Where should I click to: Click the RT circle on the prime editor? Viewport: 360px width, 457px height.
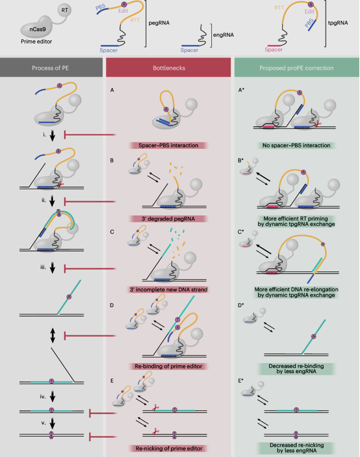tap(64, 10)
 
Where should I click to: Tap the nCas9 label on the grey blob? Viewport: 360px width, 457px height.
tap(38, 29)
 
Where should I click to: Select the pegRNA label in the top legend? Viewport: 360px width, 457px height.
tap(159, 23)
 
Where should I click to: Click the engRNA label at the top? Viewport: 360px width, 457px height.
tap(223, 35)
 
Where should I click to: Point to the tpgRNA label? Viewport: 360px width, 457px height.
tap(338, 23)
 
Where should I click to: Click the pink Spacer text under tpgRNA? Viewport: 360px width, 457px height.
tap(273, 50)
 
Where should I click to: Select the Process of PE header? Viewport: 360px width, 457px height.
tap(50, 68)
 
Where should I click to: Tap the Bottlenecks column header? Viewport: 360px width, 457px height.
tap(169, 68)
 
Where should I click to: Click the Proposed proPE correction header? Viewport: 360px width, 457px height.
tap(296, 68)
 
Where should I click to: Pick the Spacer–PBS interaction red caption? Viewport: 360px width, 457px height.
tap(168, 145)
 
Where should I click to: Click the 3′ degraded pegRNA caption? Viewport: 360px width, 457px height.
tap(168, 219)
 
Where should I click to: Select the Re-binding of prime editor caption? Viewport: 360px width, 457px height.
tap(168, 366)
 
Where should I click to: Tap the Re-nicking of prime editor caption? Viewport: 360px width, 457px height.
tap(169, 449)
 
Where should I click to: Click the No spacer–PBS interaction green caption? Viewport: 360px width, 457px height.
tap(296, 145)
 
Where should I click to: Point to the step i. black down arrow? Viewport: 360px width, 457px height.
tap(52, 136)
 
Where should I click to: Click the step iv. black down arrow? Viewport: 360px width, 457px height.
tap(52, 397)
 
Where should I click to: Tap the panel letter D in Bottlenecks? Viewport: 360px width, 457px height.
tap(112, 305)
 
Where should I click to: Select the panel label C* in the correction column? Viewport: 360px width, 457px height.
tap(241, 232)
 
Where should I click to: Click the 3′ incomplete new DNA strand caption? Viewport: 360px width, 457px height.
tap(168, 290)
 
